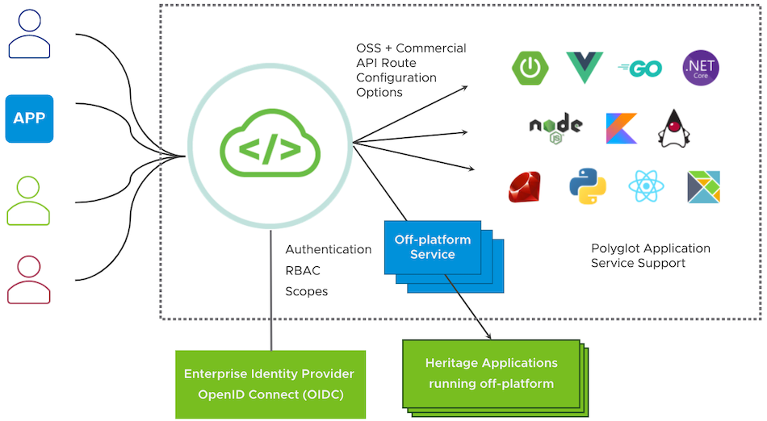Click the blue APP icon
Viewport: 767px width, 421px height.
pyautogui.click(x=29, y=119)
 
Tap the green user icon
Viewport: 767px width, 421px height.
pyautogui.click(x=29, y=201)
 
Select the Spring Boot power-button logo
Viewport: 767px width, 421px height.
pyautogui.click(x=530, y=68)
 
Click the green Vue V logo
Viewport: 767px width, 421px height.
pyautogui.click(x=585, y=68)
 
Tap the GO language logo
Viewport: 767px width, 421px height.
pyautogui.click(x=639, y=69)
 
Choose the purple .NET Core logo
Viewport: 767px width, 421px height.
pyautogui.click(x=700, y=68)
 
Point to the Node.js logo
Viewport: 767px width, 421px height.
pyautogui.click(x=555, y=127)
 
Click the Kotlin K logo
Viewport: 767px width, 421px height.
pyautogui.click(x=621, y=128)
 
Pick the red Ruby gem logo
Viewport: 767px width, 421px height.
pyautogui.click(x=525, y=186)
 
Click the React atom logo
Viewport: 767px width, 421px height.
pyautogui.click(x=646, y=186)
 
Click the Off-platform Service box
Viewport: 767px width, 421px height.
pyautogui.click(x=432, y=247)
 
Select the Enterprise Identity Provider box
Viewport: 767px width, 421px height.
pyautogui.click(x=270, y=384)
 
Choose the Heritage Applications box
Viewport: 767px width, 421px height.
pyautogui.click(x=491, y=373)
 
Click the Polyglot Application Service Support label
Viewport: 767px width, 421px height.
pyautogui.click(x=650, y=256)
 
